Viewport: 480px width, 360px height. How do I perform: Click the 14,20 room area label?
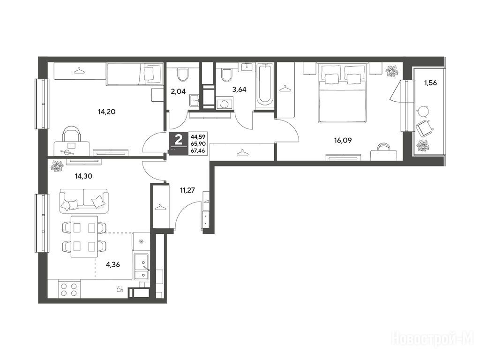[x=106, y=112]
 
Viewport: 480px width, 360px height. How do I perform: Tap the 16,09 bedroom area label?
[x=343, y=141]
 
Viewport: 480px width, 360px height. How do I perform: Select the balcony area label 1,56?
[x=430, y=82]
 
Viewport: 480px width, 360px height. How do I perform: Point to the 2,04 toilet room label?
[x=179, y=91]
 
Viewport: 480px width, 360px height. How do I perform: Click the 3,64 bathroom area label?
[x=240, y=90]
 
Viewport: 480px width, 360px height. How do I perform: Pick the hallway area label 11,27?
[x=187, y=190]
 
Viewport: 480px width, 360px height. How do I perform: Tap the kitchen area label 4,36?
[x=112, y=264]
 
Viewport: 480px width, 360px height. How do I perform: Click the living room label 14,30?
[x=83, y=176]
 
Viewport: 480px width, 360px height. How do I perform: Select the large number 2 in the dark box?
[x=179, y=141]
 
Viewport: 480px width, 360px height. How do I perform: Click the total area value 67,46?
[x=198, y=150]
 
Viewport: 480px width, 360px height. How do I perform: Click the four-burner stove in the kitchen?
[x=69, y=290]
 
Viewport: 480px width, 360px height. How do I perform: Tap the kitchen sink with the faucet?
[x=141, y=266]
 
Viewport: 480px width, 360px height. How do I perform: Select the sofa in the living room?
[x=83, y=201]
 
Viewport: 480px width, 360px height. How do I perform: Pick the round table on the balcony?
[x=423, y=111]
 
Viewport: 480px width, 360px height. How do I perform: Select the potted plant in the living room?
[x=57, y=166]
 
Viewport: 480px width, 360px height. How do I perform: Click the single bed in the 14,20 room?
[x=134, y=74]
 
